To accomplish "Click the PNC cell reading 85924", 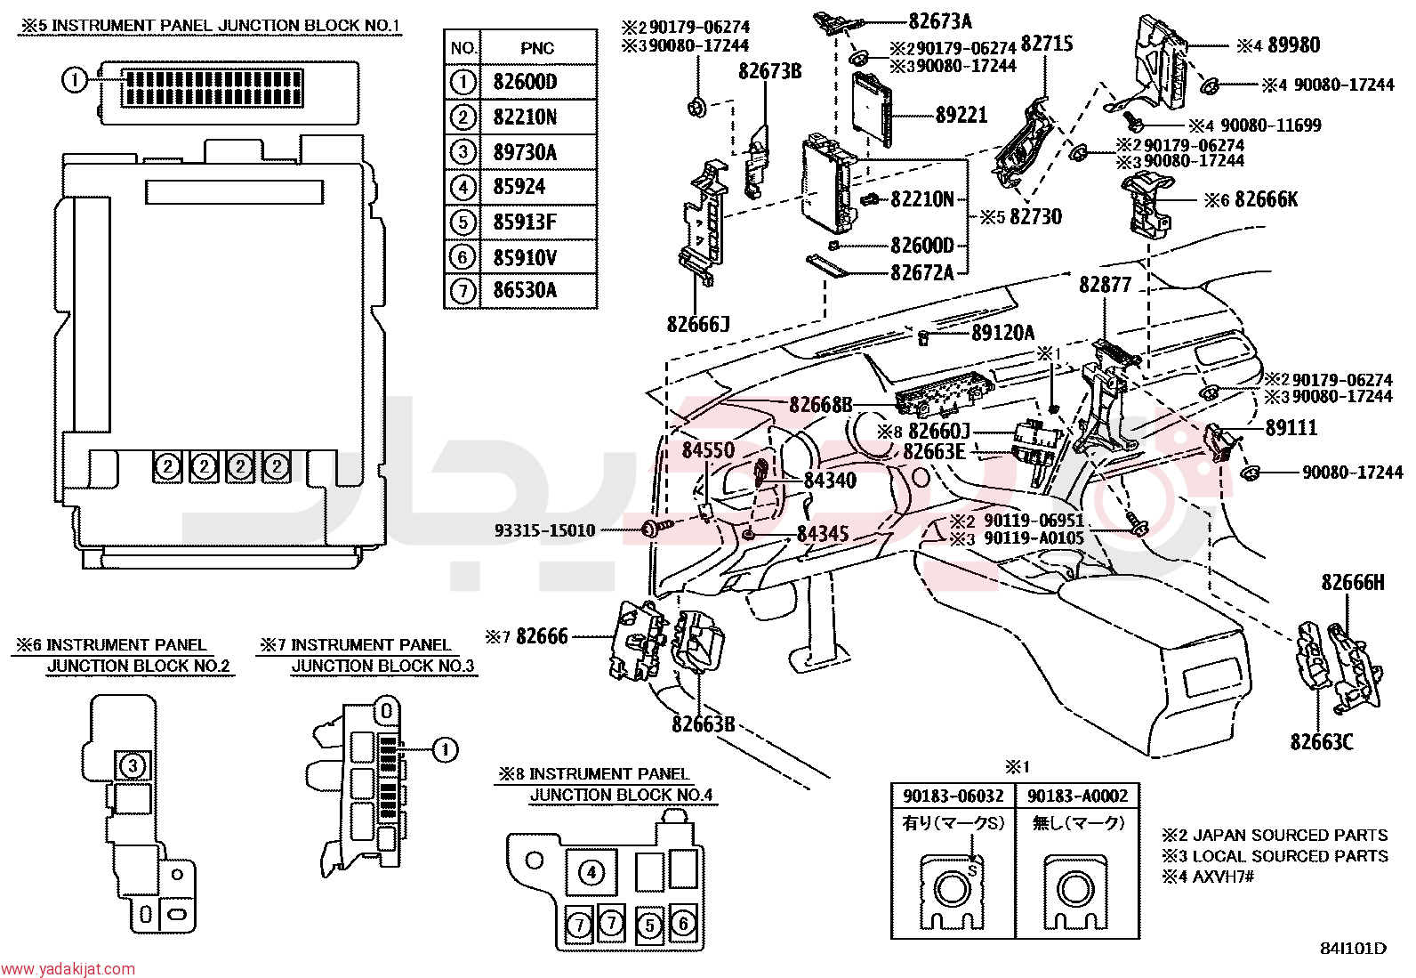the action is (538, 187).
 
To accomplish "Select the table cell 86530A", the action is (538, 290).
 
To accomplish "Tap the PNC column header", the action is (538, 48).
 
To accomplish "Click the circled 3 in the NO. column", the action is (463, 152).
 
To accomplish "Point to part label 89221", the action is (961, 115).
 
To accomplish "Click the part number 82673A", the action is (940, 21).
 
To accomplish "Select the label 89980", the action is (1294, 45).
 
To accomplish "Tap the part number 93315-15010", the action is (545, 530).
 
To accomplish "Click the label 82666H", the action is (1353, 582).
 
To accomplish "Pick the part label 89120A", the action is (1002, 333).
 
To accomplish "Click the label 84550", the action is (708, 450).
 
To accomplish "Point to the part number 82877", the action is (1105, 286).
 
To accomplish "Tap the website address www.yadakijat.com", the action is (68, 968).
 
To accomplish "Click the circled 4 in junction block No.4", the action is (591, 873).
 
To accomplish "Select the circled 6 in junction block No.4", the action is (683, 924).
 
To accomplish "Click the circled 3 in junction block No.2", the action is (133, 766).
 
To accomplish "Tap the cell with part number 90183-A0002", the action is (1077, 796).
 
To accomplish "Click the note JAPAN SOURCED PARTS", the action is (1290, 835).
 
